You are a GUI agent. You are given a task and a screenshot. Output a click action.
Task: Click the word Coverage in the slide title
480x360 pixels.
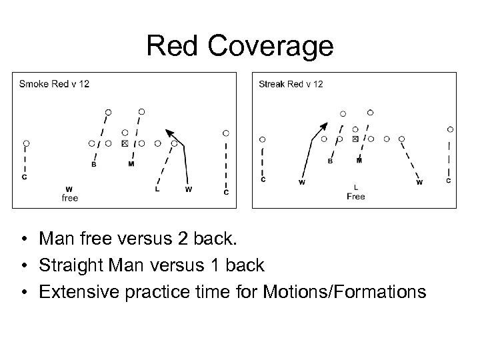(x=270, y=46)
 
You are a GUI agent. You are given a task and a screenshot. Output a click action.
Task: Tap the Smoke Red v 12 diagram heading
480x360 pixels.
(x=54, y=84)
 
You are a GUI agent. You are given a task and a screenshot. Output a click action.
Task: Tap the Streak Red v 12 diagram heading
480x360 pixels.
(x=291, y=84)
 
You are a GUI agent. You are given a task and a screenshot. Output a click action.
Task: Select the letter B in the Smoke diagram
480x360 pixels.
(x=93, y=165)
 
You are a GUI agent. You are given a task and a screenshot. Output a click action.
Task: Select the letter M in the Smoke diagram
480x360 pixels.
(x=131, y=165)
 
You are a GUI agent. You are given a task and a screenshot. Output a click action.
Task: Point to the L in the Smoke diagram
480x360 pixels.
(x=157, y=189)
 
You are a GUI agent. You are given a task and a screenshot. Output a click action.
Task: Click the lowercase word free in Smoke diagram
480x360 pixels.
(x=70, y=198)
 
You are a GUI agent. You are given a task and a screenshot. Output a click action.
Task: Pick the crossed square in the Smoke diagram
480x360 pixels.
(x=125, y=143)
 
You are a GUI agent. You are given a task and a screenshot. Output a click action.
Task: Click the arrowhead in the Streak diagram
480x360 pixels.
(x=324, y=126)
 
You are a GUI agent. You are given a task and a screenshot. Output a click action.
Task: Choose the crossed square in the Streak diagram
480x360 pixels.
(x=355, y=139)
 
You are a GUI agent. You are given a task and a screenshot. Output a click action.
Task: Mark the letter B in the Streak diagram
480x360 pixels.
(x=330, y=161)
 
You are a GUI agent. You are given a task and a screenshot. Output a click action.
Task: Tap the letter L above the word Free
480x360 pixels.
(x=356, y=187)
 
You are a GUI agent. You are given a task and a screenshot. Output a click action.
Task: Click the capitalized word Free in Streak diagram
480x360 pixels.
(x=356, y=197)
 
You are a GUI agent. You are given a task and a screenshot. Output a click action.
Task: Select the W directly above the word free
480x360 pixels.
(x=69, y=189)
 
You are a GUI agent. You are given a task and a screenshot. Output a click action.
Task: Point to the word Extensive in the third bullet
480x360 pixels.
(x=69, y=291)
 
